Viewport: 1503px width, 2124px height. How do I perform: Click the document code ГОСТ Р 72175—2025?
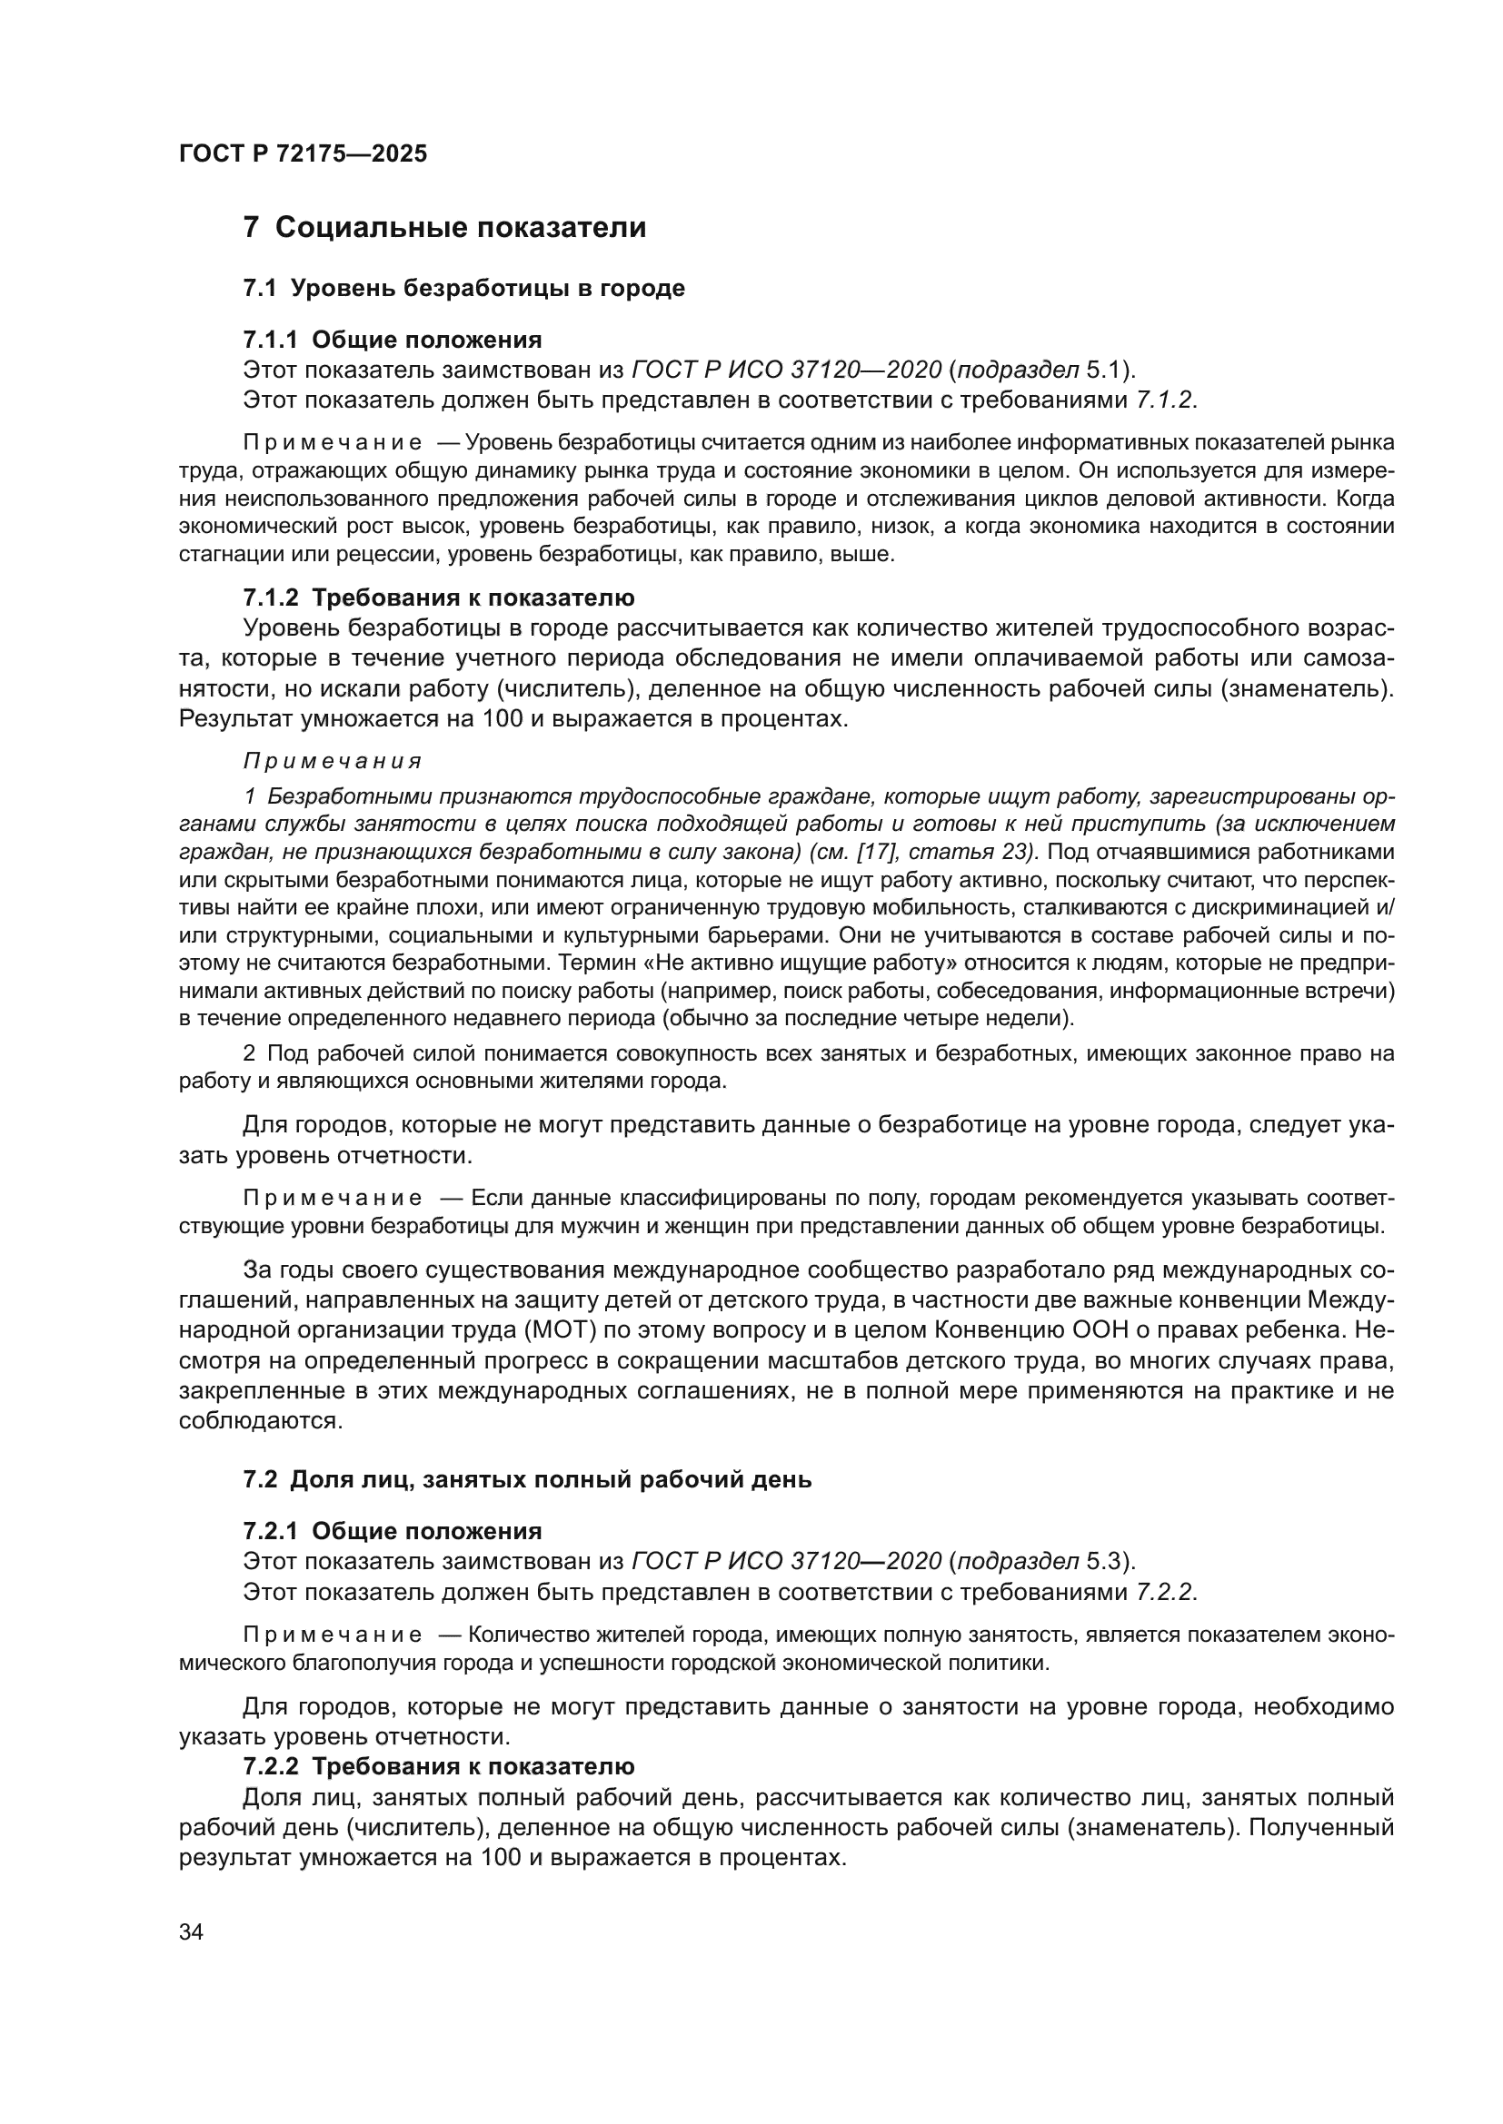[303, 153]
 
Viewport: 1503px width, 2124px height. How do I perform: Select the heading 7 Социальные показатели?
[444, 228]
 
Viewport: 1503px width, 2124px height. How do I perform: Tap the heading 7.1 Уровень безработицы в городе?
[463, 289]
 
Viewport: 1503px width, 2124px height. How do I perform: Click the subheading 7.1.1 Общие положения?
[393, 340]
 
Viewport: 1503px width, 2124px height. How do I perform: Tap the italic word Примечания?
[333, 761]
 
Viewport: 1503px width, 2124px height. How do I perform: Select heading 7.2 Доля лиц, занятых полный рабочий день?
[527, 1479]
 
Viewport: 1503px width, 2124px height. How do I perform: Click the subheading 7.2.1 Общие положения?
[393, 1531]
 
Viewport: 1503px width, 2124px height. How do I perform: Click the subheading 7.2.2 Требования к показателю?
[439, 1766]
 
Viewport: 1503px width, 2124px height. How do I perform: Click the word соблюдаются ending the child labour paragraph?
[260, 1421]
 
